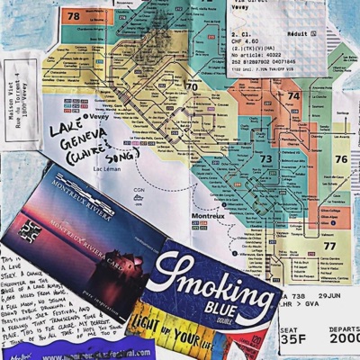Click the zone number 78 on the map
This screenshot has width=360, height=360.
(73, 16)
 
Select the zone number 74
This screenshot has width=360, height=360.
(292, 95)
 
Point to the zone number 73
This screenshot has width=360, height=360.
(266, 158)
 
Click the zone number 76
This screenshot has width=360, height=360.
(339, 159)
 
